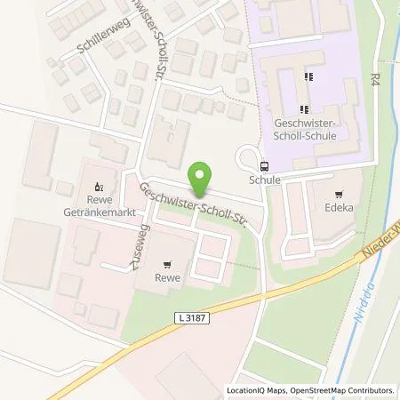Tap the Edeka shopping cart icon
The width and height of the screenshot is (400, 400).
click(x=338, y=195)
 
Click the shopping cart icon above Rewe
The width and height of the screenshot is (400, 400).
click(x=167, y=264)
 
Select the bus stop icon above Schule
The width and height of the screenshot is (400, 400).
click(x=264, y=165)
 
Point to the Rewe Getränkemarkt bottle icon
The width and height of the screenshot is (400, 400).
click(x=98, y=187)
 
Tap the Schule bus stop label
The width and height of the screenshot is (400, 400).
click(x=265, y=180)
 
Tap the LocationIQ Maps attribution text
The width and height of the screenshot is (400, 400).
click(x=256, y=390)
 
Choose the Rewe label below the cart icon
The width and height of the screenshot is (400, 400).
click(x=167, y=277)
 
